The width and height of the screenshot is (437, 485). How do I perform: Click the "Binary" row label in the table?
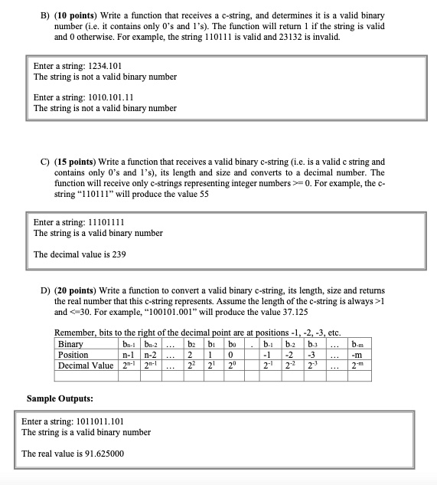(71, 344)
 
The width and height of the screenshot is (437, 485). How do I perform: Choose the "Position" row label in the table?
(73, 355)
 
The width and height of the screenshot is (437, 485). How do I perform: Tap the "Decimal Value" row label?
(85, 365)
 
